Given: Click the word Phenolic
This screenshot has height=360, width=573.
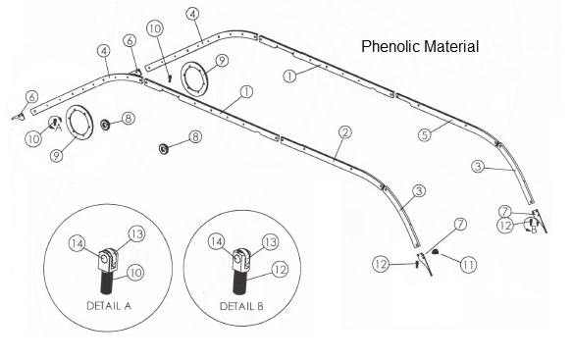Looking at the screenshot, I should pyautogui.click(x=390, y=46).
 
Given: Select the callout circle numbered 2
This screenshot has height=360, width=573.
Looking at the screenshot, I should pyautogui.click(x=344, y=130).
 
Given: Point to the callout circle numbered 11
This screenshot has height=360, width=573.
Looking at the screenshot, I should pyautogui.click(x=469, y=263).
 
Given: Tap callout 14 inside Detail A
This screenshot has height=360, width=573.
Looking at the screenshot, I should pyautogui.click(x=78, y=242).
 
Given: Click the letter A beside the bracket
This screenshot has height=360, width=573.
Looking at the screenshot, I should pyautogui.click(x=59, y=128).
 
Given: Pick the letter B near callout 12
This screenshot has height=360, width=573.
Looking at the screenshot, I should pyautogui.click(x=534, y=231).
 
